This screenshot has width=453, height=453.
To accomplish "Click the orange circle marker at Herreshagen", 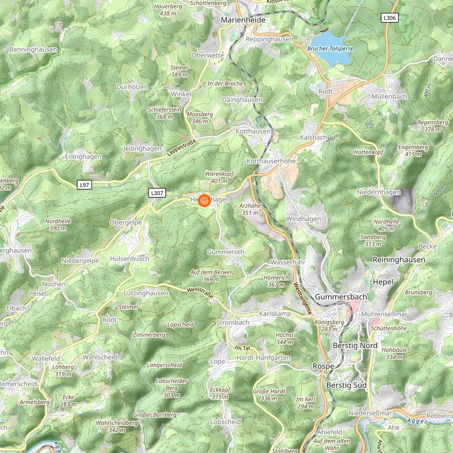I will (204, 201).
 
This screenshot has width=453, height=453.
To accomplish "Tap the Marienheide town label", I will (243, 20).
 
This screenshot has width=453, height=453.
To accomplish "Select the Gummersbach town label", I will (341, 297).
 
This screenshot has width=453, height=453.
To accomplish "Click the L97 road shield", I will (84, 185).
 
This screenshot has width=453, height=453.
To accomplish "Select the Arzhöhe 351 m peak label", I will (250, 209).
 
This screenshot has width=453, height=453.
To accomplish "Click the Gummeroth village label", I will (225, 252).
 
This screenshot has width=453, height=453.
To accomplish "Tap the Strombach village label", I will (232, 322).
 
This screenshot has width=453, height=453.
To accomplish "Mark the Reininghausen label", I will (399, 259).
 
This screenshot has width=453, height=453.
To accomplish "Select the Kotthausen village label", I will (253, 131).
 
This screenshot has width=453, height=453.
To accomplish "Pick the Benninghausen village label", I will (33, 49).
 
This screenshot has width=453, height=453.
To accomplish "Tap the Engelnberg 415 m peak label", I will (413, 151).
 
